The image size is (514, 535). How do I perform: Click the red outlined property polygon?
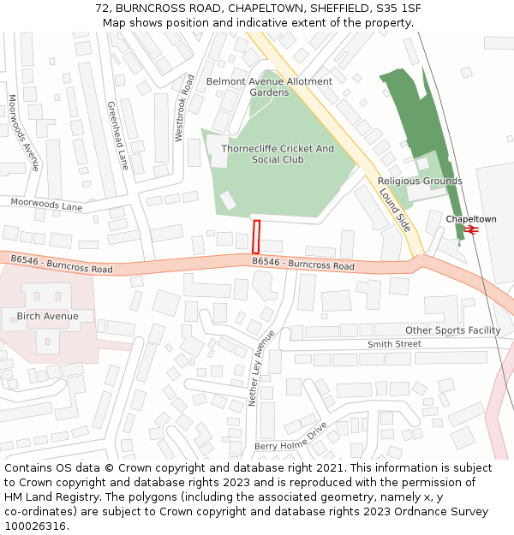256,236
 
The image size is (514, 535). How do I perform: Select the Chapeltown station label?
470,219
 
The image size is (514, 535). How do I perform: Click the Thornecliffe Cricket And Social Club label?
278,154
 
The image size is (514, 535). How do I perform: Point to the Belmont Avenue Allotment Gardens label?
269,86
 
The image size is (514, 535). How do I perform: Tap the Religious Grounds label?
420,181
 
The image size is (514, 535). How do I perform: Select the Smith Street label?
394,344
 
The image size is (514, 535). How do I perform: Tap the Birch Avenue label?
47,317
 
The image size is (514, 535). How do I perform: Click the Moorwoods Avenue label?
24,133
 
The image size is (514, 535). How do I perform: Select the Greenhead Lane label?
117,135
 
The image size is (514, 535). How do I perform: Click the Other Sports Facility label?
452,330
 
